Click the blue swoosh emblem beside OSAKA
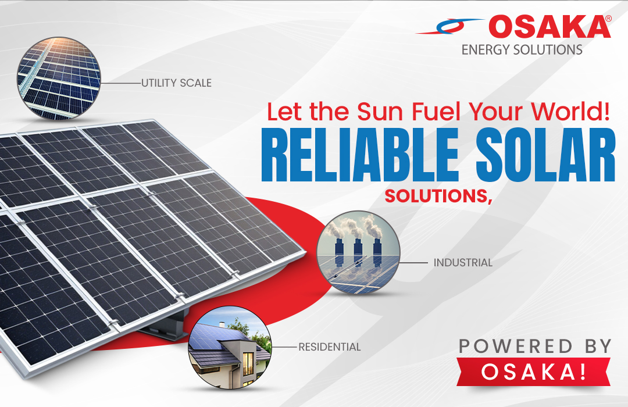click(x=449, y=26)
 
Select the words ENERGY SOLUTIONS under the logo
click(x=522, y=49)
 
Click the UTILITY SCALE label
click(x=176, y=83)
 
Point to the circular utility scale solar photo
click(x=59, y=78)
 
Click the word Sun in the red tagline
click(x=380, y=112)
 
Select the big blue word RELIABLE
click(x=360, y=155)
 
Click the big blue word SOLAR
click(x=545, y=155)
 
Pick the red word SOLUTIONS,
click(x=438, y=197)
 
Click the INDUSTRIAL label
click(x=463, y=263)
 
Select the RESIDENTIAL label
click(x=330, y=347)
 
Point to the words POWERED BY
click(x=535, y=347)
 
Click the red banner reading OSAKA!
click(x=533, y=372)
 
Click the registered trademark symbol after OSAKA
click(x=608, y=19)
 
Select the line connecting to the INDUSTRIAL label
click(x=413, y=263)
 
